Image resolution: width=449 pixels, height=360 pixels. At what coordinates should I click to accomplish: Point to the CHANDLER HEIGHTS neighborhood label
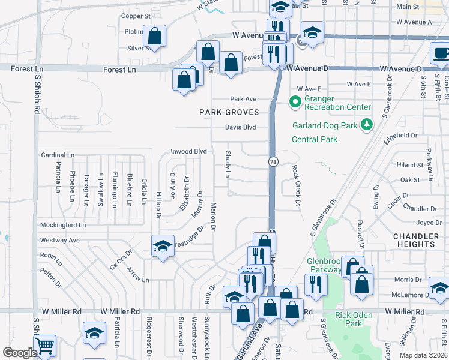[415, 241]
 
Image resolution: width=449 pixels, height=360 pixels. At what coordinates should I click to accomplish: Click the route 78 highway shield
[273, 162]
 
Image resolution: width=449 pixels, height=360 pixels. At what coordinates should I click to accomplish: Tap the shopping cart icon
[44, 346]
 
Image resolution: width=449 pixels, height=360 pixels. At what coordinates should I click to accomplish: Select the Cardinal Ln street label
[58, 155]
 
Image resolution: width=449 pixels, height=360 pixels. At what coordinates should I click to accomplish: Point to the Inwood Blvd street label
[188, 152]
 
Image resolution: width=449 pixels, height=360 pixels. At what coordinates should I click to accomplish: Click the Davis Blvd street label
[240, 127]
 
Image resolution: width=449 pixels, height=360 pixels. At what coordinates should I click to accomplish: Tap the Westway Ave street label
[60, 240]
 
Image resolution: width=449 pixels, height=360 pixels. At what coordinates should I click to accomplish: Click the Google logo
[20, 353]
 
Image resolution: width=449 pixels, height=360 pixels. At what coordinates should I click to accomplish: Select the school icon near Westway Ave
[163, 246]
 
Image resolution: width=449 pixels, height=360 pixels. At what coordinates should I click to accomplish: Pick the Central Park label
[314, 139]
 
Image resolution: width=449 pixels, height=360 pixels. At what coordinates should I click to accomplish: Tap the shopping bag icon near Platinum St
[155, 35]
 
